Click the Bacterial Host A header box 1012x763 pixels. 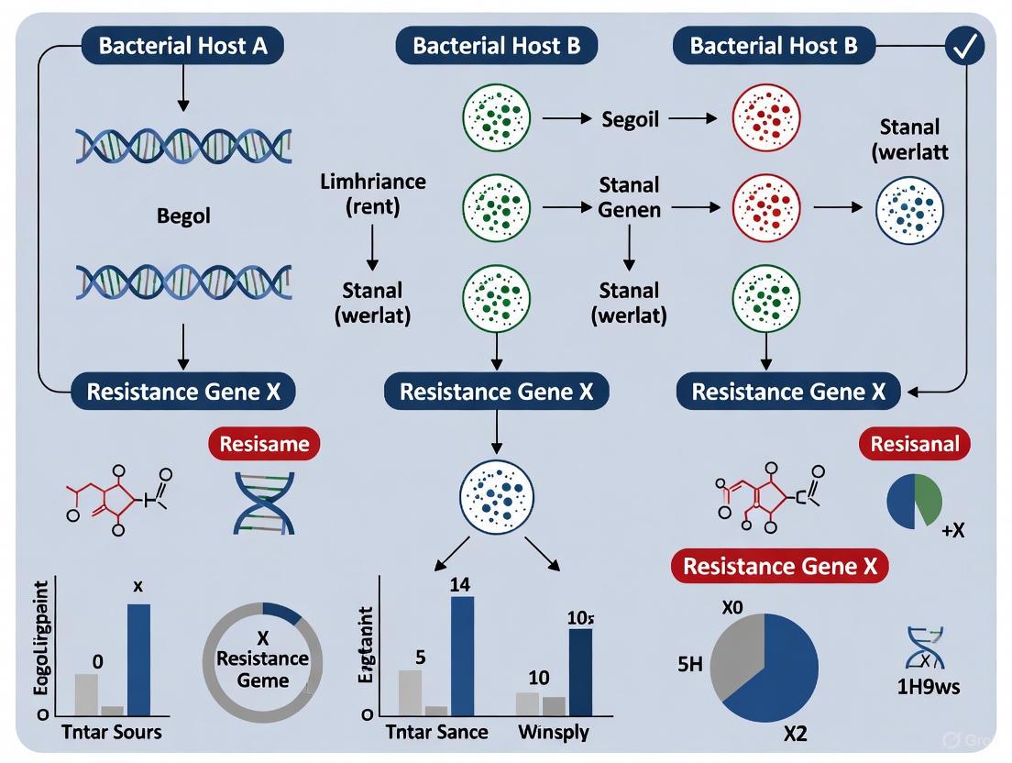[x=183, y=47]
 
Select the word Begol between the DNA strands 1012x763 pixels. [x=182, y=216]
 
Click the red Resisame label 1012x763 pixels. [x=264, y=445]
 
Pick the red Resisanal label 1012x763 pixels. [x=914, y=445]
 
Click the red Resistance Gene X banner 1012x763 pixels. [x=779, y=566]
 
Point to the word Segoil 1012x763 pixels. [x=630, y=119]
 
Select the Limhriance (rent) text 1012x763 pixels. [x=372, y=194]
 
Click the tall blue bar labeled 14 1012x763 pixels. [x=462, y=655]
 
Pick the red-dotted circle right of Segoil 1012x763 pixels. [x=766, y=119]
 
